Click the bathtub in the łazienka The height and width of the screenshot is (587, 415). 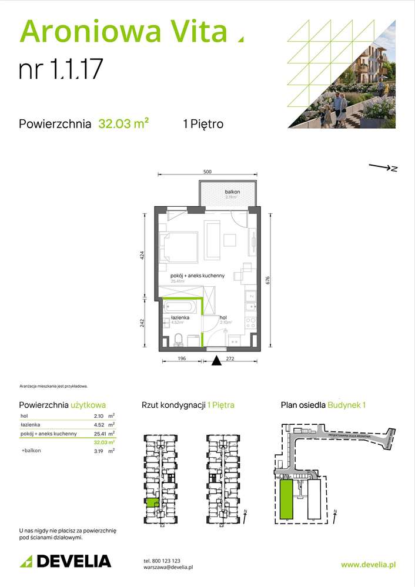pyautogui.click(x=181, y=306)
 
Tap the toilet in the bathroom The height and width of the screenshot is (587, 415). pyautogui.click(x=179, y=340)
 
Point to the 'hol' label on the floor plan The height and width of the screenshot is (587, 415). pyautogui.click(x=223, y=317)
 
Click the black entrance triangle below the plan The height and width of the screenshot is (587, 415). pyautogui.click(x=217, y=360)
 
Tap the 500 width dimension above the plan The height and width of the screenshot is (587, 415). pyautogui.click(x=207, y=172)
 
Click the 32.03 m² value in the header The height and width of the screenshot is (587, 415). pyautogui.click(x=123, y=124)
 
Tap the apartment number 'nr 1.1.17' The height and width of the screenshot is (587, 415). pyautogui.click(x=61, y=69)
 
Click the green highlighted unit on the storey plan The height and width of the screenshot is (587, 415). pyautogui.click(x=152, y=502)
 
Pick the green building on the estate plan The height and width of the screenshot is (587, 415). pyautogui.click(x=286, y=499)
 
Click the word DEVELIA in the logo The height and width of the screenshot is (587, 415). pyautogui.click(x=73, y=561)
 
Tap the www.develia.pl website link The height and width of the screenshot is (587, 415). pyautogui.click(x=368, y=564)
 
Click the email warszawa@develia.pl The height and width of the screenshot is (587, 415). pyautogui.click(x=168, y=568)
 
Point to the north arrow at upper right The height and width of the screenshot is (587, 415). pyautogui.click(x=383, y=168)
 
